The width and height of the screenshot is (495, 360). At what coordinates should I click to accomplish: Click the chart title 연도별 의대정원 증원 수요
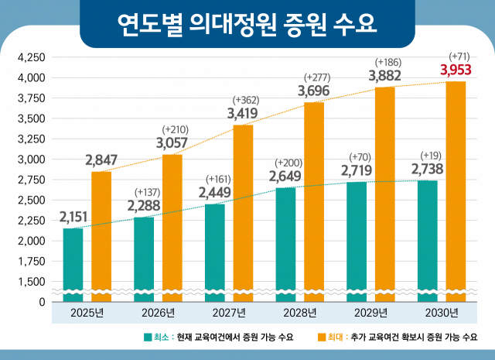tap(247, 23)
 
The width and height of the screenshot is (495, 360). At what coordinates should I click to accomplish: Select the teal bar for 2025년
tap(73, 263)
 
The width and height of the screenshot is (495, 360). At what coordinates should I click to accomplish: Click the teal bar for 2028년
tap(285, 243)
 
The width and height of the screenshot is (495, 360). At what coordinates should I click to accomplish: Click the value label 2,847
tap(101, 161)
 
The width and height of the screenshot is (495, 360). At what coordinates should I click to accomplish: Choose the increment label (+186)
tap(386, 60)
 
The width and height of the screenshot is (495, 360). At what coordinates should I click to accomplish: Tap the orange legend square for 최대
tap(323, 337)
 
